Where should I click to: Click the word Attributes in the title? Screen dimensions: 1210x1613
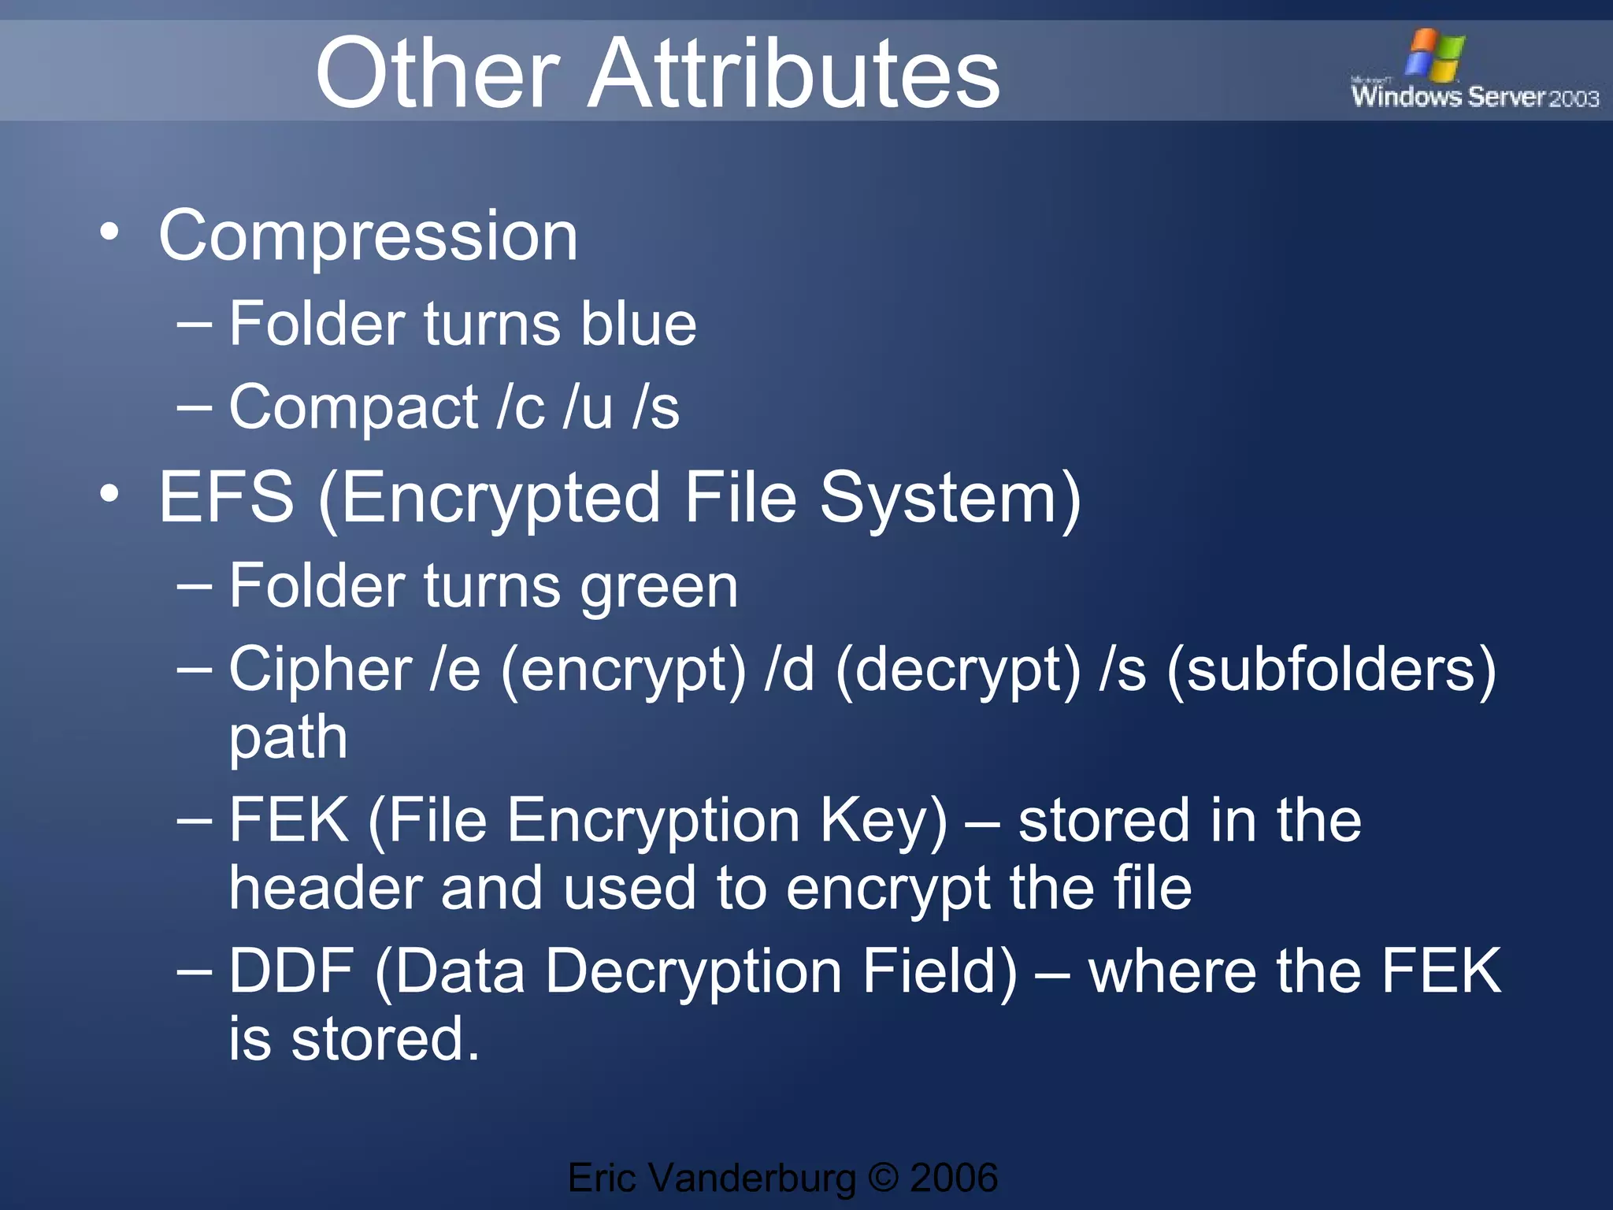click(794, 74)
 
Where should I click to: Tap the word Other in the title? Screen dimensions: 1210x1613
click(438, 74)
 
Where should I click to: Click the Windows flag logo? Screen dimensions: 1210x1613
click(1435, 55)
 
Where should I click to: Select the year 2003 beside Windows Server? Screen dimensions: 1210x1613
click(1574, 98)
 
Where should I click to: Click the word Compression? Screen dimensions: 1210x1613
click(368, 236)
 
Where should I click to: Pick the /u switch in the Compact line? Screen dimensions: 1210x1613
click(588, 407)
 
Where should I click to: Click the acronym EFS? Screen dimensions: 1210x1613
click(227, 498)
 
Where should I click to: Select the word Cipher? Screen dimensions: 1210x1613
click(320, 670)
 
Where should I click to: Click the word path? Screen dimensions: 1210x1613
click(288, 739)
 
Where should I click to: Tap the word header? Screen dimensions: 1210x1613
click(324, 888)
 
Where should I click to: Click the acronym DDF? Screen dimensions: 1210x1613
click(291, 971)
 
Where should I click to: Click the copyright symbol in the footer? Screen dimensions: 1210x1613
click(883, 1178)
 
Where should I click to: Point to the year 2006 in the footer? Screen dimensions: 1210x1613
click(954, 1178)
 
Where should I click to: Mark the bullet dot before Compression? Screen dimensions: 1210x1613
click(109, 232)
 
